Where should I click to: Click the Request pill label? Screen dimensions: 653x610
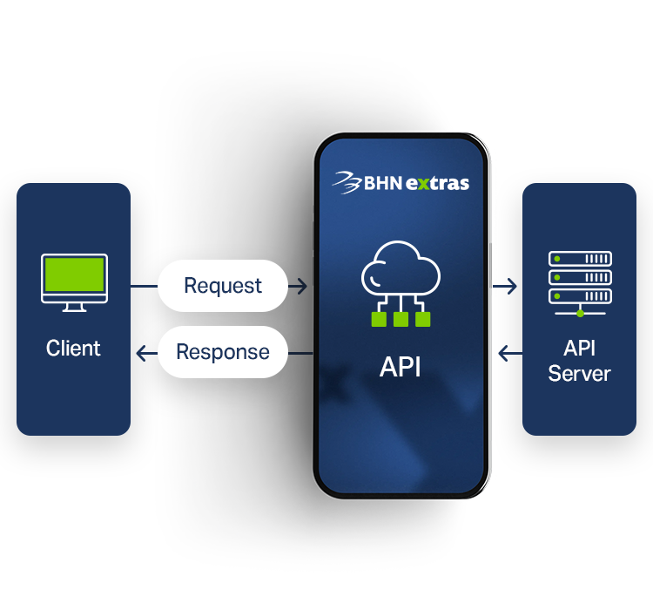pyautogui.click(x=223, y=286)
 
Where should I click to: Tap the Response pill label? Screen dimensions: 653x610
pyautogui.click(x=223, y=352)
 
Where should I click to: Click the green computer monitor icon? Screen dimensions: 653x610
pyautogui.click(x=75, y=282)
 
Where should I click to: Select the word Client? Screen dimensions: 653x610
pyautogui.click(x=73, y=349)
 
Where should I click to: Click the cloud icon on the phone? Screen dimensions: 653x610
pyautogui.click(x=401, y=269)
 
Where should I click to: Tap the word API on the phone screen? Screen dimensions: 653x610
pyautogui.click(x=401, y=367)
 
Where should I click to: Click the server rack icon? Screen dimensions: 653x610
pyautogui.click(x=580, y=283)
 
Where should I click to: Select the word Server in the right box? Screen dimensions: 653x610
pyautogui.click(x=579, y=373)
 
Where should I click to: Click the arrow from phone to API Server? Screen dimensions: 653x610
pyautogui.click(x=505, y=286)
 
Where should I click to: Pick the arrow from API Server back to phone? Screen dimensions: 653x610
pyautogui.click(x=510, y=354)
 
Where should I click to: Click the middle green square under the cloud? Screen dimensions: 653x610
pyautogui.click(x=401, y=319)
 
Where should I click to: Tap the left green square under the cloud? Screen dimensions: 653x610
pyautogui.click(x=379, y=319)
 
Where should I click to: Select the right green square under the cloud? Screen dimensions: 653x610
pyautogui.click(x=422, y=319)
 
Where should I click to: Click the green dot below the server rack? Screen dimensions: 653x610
pyautogui.click(x=580, y=313)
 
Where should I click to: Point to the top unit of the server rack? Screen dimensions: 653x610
pyautogui.click(x=580, y=259)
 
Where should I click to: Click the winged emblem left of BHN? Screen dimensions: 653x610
pyautogui.click(x=347, y=183)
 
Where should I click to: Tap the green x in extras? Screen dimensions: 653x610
pyautogui.click(x=423, y=184)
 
